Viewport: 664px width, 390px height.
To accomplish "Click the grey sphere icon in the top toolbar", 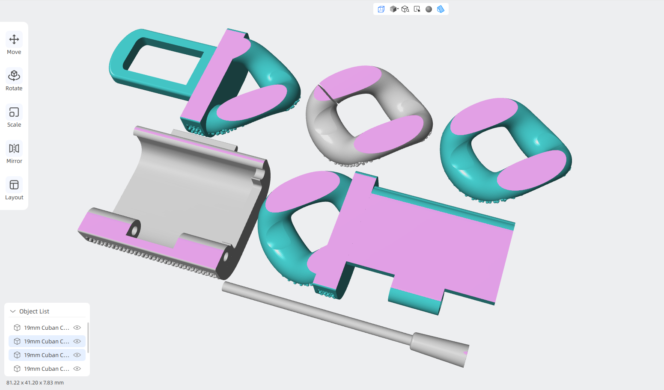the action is tap(429, 9).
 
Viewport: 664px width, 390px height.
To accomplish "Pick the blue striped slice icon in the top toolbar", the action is tap(441, 9).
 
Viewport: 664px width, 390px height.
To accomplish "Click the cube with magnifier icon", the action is tap(405, 9).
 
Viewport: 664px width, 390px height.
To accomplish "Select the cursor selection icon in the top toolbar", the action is tap(417, 9).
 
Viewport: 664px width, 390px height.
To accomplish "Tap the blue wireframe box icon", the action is tap(381, 9).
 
